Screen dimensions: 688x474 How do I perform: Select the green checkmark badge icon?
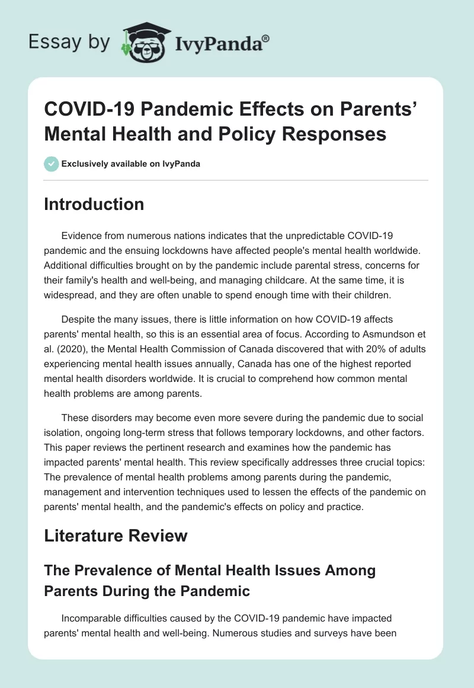tap(51, 164)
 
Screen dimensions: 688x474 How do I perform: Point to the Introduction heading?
tap(94, 204)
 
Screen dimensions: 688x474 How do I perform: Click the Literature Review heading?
tap(116, 536)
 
